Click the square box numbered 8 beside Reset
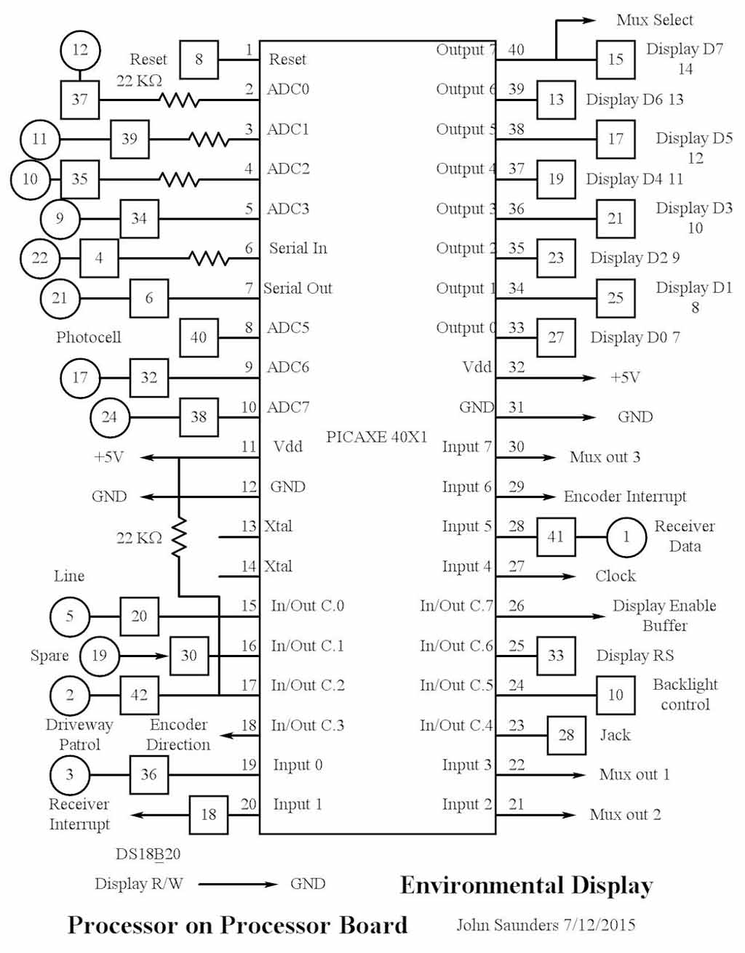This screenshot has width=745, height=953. [199, 60]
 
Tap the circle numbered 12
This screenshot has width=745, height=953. [79, 49]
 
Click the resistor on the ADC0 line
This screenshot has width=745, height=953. [179, 100]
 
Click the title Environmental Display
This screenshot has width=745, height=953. [526, 885]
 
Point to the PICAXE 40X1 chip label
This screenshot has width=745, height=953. [376, 437]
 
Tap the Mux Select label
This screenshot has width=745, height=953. [654, 20]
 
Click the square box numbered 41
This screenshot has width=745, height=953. [555, 536]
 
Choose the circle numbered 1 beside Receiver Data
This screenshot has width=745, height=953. [625, 536]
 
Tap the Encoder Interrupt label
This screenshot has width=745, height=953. [625, 496]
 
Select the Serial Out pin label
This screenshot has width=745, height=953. [298, 288]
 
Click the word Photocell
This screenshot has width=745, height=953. [88, 337]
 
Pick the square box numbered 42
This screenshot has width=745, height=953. [139, 695]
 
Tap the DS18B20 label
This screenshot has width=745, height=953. [148, 853]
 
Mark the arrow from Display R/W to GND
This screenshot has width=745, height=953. [237, 884]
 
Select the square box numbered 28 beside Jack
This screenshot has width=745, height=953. [566, 735]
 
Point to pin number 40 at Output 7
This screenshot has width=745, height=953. [516, 49]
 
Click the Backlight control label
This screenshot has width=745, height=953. [685, 694]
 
